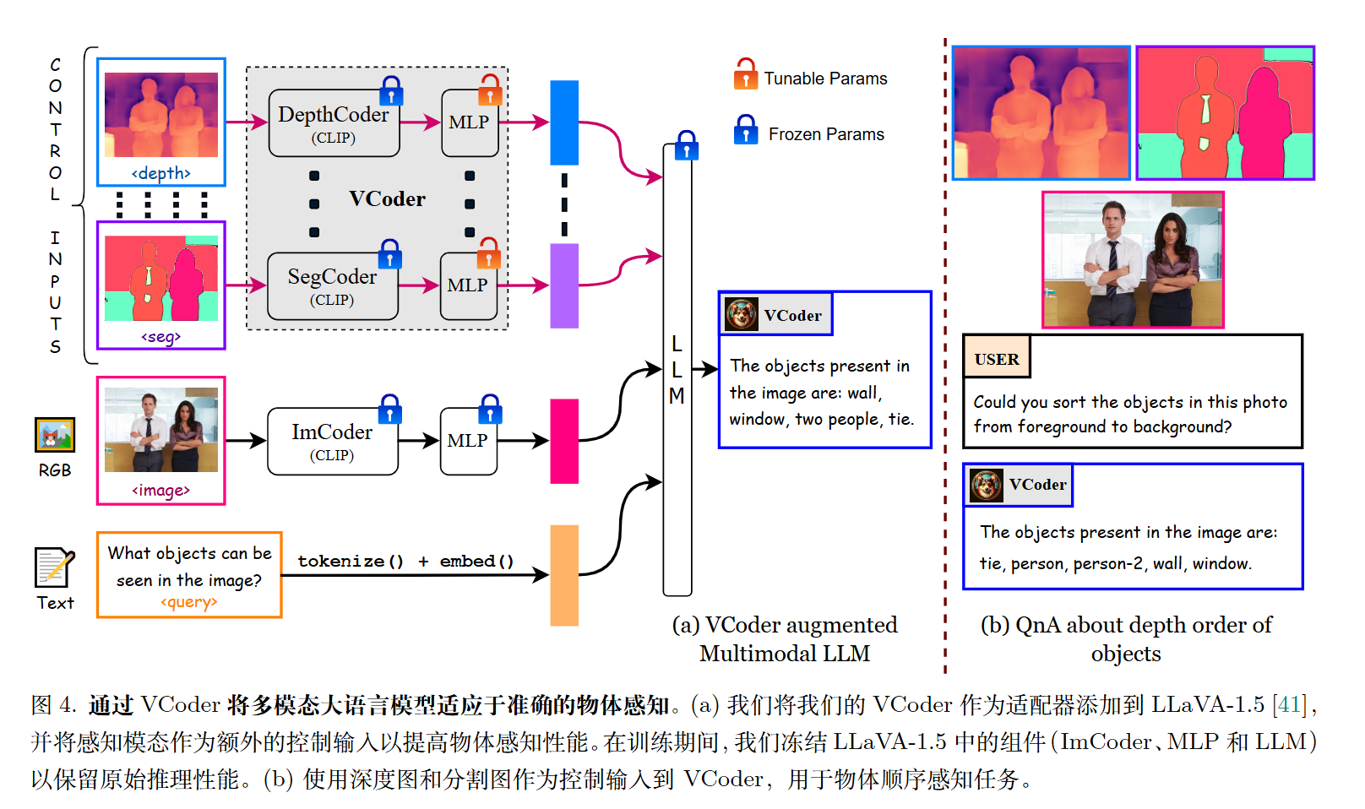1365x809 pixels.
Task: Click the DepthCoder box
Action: pyautogui.click(x=334, y=123)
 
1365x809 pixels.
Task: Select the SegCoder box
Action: pyautogui.click(x=332, y=286)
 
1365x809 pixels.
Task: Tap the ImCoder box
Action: pyautogui.click(x=332, y=441)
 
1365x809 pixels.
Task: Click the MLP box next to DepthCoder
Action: pyautogui.click(x=469, y=123)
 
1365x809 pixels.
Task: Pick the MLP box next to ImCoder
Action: pyautogui.click(x=468, y=441)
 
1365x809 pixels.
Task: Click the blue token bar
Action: pyautogui.click(x=564, y=122)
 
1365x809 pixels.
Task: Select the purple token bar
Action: pyautogui.click(x=564, y=285)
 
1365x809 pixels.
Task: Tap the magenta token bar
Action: pyautogui.click(x=564, y=441)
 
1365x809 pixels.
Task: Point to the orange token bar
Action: pyautogui.click(x=564, y=575)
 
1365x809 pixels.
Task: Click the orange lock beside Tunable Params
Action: pyautogui.click(x=746, y=74)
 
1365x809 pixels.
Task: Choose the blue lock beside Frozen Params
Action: pyautogui.click(x=746, y=131)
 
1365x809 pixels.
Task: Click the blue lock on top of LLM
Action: pyautogui.click(x=687, y=145)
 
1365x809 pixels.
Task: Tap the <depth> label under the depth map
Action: pyautogui.click(x=160, y=173)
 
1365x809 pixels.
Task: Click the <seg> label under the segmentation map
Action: pyautogui.click(x=160, y=337)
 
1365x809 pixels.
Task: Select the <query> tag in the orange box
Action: pyautogui.click(x=189, y=602)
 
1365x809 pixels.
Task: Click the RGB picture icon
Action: pyautogui.click(x=55, y=435)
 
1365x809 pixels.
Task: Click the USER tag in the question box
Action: pyautogui.click(x=997, y=359)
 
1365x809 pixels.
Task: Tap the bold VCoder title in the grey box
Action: pyautogui.click(x=387, y=199)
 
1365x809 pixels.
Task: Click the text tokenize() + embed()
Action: pyautogui.click(x=405, y=562)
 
